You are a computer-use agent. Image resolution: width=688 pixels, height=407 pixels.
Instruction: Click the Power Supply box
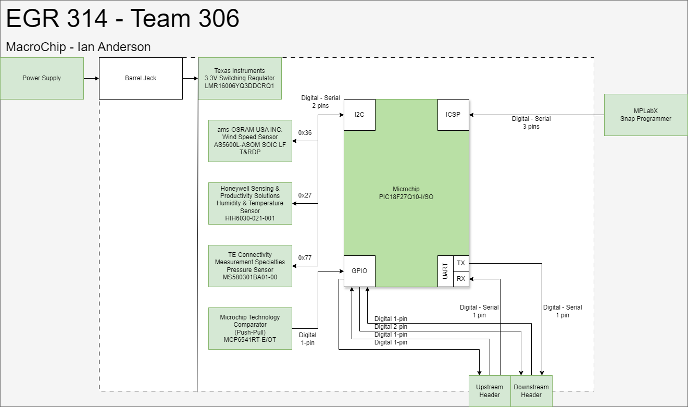(42, 78)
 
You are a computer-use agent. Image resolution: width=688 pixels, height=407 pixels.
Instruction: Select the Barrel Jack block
(141, 78)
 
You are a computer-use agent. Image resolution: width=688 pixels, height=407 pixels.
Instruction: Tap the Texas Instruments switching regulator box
(240, 78)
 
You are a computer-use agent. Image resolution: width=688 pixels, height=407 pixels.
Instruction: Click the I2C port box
(359, 115)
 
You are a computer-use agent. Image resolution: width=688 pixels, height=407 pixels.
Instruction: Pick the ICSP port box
(453, 115)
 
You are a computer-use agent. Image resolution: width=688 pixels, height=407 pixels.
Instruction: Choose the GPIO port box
(359, 271)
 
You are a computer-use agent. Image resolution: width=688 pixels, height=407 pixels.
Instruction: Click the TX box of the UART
(461, 263)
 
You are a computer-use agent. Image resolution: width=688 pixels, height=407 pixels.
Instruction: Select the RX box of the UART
(461, 279)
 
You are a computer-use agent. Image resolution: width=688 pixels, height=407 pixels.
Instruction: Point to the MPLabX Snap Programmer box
(646, 115)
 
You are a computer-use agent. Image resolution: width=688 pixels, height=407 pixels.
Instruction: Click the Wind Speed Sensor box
(250, 141)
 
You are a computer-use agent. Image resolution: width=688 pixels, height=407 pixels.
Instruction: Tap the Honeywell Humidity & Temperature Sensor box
(250, 203)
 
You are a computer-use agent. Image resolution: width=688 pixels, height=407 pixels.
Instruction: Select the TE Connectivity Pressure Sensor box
(250, 266)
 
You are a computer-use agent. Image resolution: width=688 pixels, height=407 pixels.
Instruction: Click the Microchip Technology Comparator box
(250, 328)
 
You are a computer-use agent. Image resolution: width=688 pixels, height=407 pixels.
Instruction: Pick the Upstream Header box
(490, 391)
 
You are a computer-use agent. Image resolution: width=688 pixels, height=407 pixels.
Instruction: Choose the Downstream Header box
(531, 391)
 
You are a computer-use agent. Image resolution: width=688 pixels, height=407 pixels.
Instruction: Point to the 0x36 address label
(305, 133)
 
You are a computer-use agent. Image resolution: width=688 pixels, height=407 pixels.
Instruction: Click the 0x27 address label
(305, 195)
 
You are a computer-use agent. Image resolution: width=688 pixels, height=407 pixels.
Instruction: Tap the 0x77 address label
(305, 258)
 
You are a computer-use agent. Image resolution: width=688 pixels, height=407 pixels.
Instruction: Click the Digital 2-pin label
(391, 327)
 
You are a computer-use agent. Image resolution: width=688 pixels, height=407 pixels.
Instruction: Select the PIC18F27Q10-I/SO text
(406, 197)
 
